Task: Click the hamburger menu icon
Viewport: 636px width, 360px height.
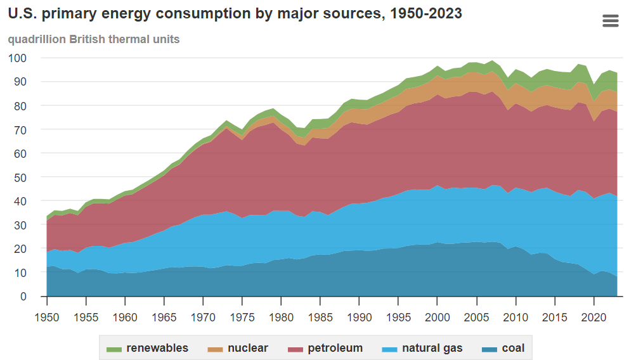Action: [610, 21]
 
